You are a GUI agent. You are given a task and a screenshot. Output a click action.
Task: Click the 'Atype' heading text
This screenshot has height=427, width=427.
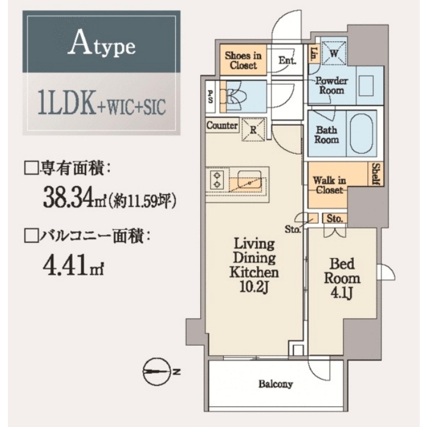click(101, 43)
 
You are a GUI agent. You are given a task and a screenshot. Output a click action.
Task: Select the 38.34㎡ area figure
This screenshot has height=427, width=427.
click(74, 196)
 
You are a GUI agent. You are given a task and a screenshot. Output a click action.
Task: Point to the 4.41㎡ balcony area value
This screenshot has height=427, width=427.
click(73, 265)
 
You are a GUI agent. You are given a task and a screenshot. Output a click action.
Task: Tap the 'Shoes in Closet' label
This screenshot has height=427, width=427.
click(243, 60)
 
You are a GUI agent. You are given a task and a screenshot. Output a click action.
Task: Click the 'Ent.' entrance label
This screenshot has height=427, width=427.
click(287, 60)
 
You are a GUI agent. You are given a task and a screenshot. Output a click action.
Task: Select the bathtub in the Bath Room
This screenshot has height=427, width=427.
click(361, 134)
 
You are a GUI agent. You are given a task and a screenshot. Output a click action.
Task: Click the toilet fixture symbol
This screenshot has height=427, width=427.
click(236, 96)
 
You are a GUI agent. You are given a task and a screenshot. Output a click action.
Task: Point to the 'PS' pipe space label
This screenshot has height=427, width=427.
click(210, 96)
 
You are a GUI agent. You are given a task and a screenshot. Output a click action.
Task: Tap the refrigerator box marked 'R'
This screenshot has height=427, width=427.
click(253, 129)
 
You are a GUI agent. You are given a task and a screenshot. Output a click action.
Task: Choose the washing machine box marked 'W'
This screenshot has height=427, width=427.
click(334, 53)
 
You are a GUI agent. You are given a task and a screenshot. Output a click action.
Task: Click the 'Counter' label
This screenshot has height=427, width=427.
click(222, 126)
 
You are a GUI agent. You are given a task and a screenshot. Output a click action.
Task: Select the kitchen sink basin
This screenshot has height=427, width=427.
click(249, 179)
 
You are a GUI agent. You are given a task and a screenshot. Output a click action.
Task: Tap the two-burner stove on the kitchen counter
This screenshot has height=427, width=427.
click(217, 180)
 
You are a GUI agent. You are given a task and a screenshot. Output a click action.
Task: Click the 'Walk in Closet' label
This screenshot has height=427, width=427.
click(329, 185)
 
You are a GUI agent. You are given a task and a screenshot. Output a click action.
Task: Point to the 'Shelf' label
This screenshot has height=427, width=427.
click(376, 174)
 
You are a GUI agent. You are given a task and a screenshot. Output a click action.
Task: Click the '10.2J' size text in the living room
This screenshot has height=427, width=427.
click(254, 287)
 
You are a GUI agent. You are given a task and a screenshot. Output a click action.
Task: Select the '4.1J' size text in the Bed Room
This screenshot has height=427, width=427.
click(342, 293)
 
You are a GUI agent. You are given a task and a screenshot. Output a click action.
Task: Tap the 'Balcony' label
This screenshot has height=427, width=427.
click(276, 384)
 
